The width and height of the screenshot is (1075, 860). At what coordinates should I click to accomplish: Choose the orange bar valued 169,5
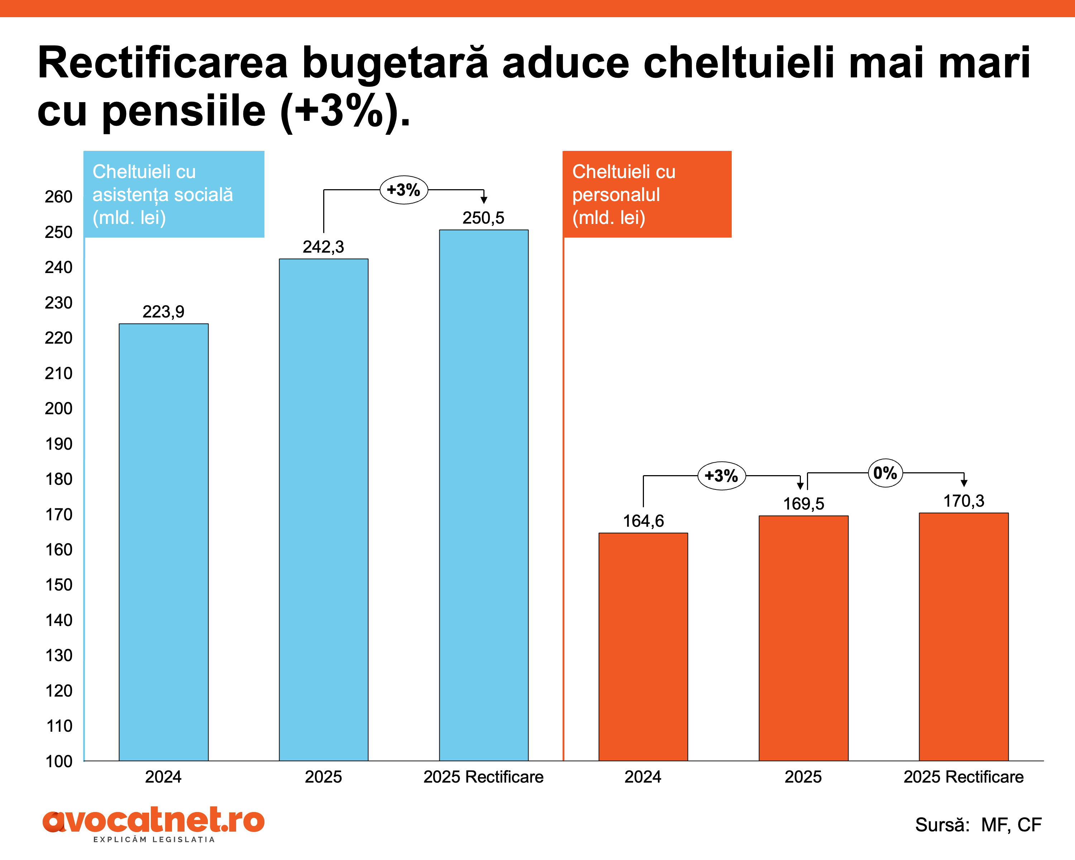(x=803, y=638)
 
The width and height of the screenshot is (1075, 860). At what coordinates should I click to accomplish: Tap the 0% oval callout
(x=885, y=473)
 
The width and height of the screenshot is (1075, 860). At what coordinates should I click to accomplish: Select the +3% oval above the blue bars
(x=403, y=190)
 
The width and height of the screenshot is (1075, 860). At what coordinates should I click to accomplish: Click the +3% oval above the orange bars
(x=721, y=476)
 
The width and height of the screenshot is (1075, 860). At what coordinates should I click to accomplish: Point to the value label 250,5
(x=483, y=218)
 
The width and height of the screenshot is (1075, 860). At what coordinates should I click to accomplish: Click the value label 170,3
(x=963, y=501)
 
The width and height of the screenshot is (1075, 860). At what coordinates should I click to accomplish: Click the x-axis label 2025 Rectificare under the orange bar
(x=963, y=777)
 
